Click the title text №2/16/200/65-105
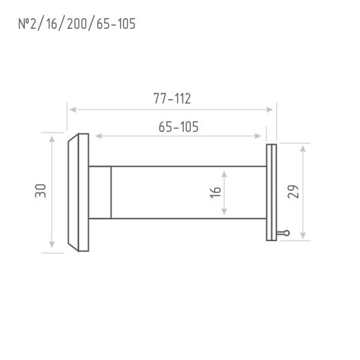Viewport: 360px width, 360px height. point(77,23)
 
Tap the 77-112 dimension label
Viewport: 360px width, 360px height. point(172,98)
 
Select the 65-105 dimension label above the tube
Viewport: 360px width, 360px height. point(178,127)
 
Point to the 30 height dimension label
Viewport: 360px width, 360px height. point(40,191)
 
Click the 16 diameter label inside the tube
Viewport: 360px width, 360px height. point(215,193)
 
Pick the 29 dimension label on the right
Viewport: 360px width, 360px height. point(293,191)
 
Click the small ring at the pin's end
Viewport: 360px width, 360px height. point(287,233)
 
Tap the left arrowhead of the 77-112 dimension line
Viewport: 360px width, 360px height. point(73,110)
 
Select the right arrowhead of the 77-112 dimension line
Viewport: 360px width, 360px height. point(269,110)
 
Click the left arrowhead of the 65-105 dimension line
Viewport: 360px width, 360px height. point(98,136)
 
